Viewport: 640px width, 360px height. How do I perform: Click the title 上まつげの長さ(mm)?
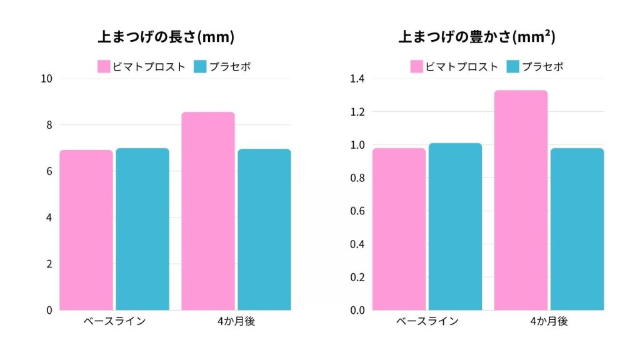(x=166, y=37)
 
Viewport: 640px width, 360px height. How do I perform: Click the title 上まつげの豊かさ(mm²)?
(x=477, y=37)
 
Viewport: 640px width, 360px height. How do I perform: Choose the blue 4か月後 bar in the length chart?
(x=264, y=229)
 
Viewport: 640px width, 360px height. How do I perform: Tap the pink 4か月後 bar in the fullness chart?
(x=521, y=200)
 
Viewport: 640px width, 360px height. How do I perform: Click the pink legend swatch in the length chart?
(x=104, y=66)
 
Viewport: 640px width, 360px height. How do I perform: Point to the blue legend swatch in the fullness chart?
(x=512, y=66)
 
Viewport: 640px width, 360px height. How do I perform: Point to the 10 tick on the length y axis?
(x=46, y=79)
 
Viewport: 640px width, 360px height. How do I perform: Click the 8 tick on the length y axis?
(x=49, y=125)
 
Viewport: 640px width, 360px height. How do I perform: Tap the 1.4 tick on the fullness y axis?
(x=357, y=79)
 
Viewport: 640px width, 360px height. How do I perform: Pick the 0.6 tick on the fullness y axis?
(x=357, y=211)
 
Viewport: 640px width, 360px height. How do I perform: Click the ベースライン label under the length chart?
(x=114, y=321)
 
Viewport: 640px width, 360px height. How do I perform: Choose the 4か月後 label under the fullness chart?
(x=548, y=321)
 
